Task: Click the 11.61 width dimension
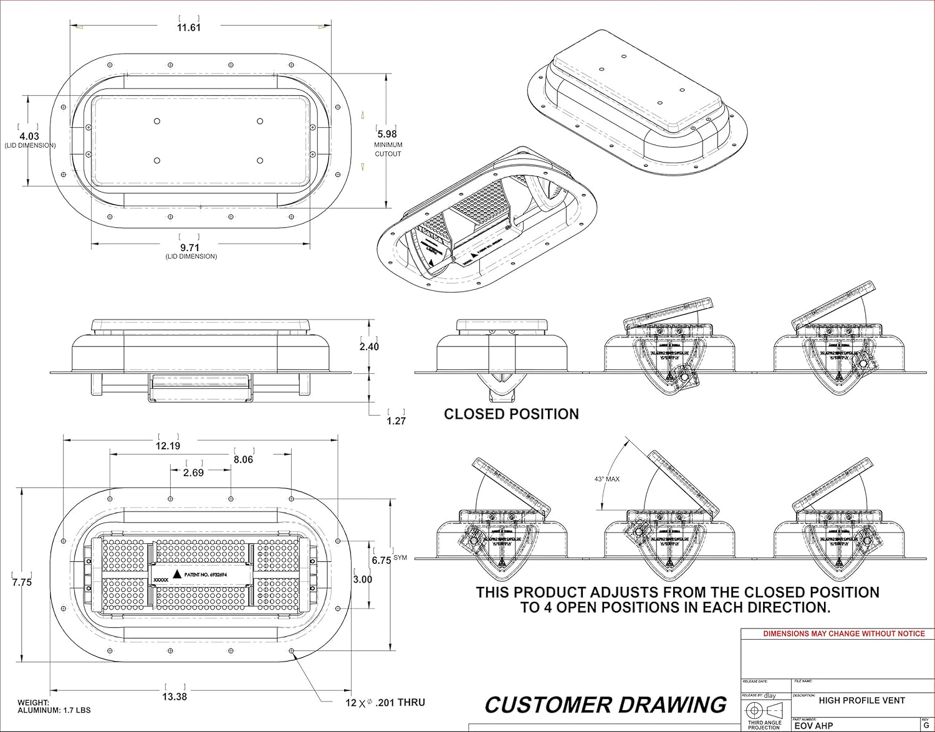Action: pyautogui.click(x=188, y=28)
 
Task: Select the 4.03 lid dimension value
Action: pyautogui.click(x=29, y=136)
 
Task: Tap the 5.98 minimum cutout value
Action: pyautogui.click(x=386, y=134)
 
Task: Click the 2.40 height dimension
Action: pyautogui.click(x=369, y=346)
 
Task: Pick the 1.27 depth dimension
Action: pyautogui.click(x=396, y=421)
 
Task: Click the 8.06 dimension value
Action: pyautogui.click(x=243, y=460)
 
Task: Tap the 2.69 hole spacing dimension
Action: pyautogui.click(x=193, y=473)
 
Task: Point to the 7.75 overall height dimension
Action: pyautogui.click(x=22, y=582)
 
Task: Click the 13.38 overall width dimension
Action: pyautogui.click(x=175, y=696)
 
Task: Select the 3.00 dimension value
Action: pyautogui.click(x=363, y=579)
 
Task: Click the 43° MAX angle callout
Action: pyautogui.click(x=607, y=479)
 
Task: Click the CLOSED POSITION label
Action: pyautogui.click(x=511, y=414)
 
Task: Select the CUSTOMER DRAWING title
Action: pyautogui.click(x=605, y=705)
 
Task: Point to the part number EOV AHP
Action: pyautogui.click(x=813, y=726)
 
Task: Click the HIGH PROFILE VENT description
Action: pyautogui.click(x=861, y=701)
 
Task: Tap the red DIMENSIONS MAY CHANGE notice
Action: pyautogui.click(x=844, y=634)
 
